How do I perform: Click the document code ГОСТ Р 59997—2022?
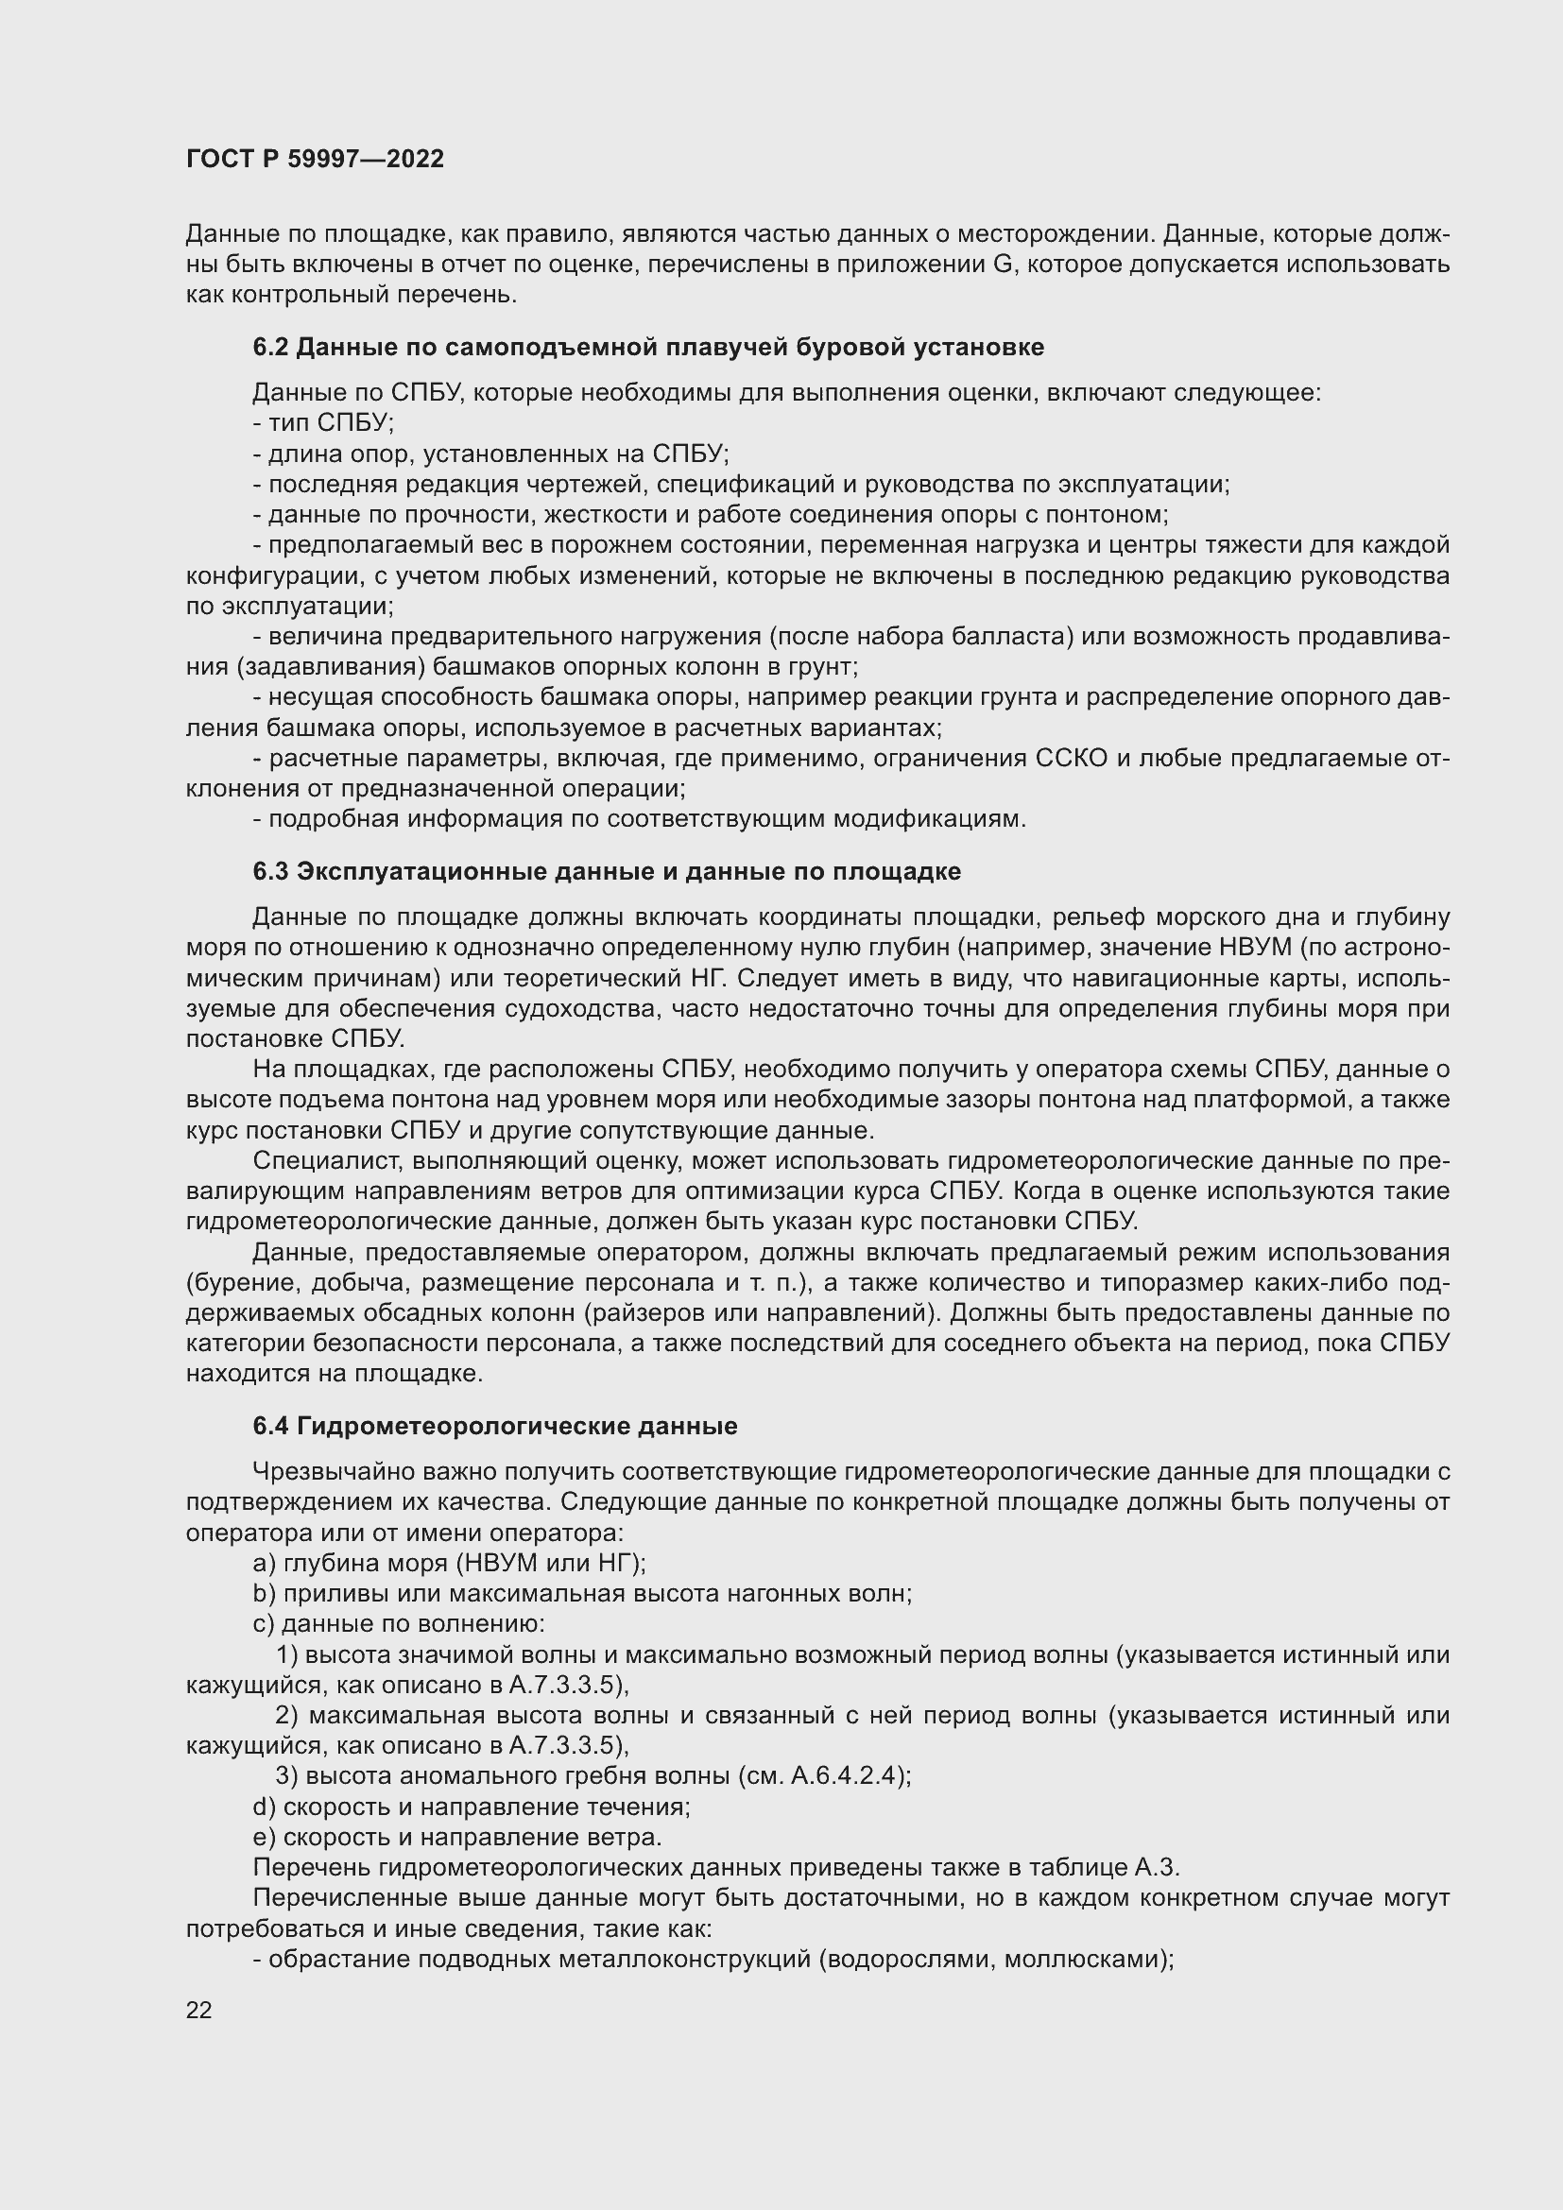[x=315, y=159]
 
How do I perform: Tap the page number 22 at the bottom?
[x=199, y=2010]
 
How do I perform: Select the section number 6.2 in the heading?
[x=270, y=347]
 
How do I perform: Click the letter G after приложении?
[x=1002, y=264]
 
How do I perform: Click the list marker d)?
[x=265, y=1807]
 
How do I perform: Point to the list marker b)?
[x=265, y=1593]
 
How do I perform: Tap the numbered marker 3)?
[x=287, y=1776]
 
